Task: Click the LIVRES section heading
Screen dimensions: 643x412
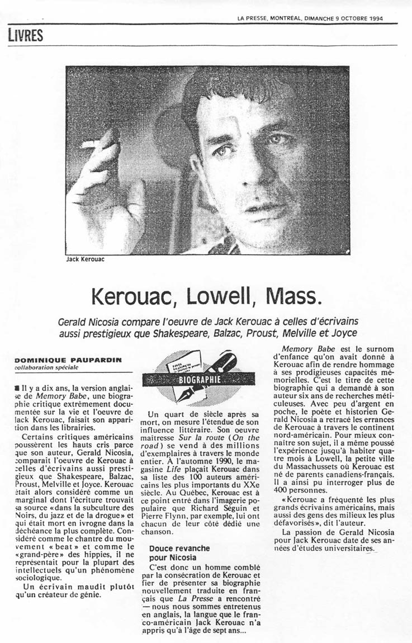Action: [x=26, y=35]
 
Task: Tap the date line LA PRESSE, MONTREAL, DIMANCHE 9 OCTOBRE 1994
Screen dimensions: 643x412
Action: [x=310, y=18]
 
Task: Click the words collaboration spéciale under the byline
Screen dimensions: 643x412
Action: [x=46, y=367]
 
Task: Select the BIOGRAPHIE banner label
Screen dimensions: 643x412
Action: [x=198, y=380]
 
